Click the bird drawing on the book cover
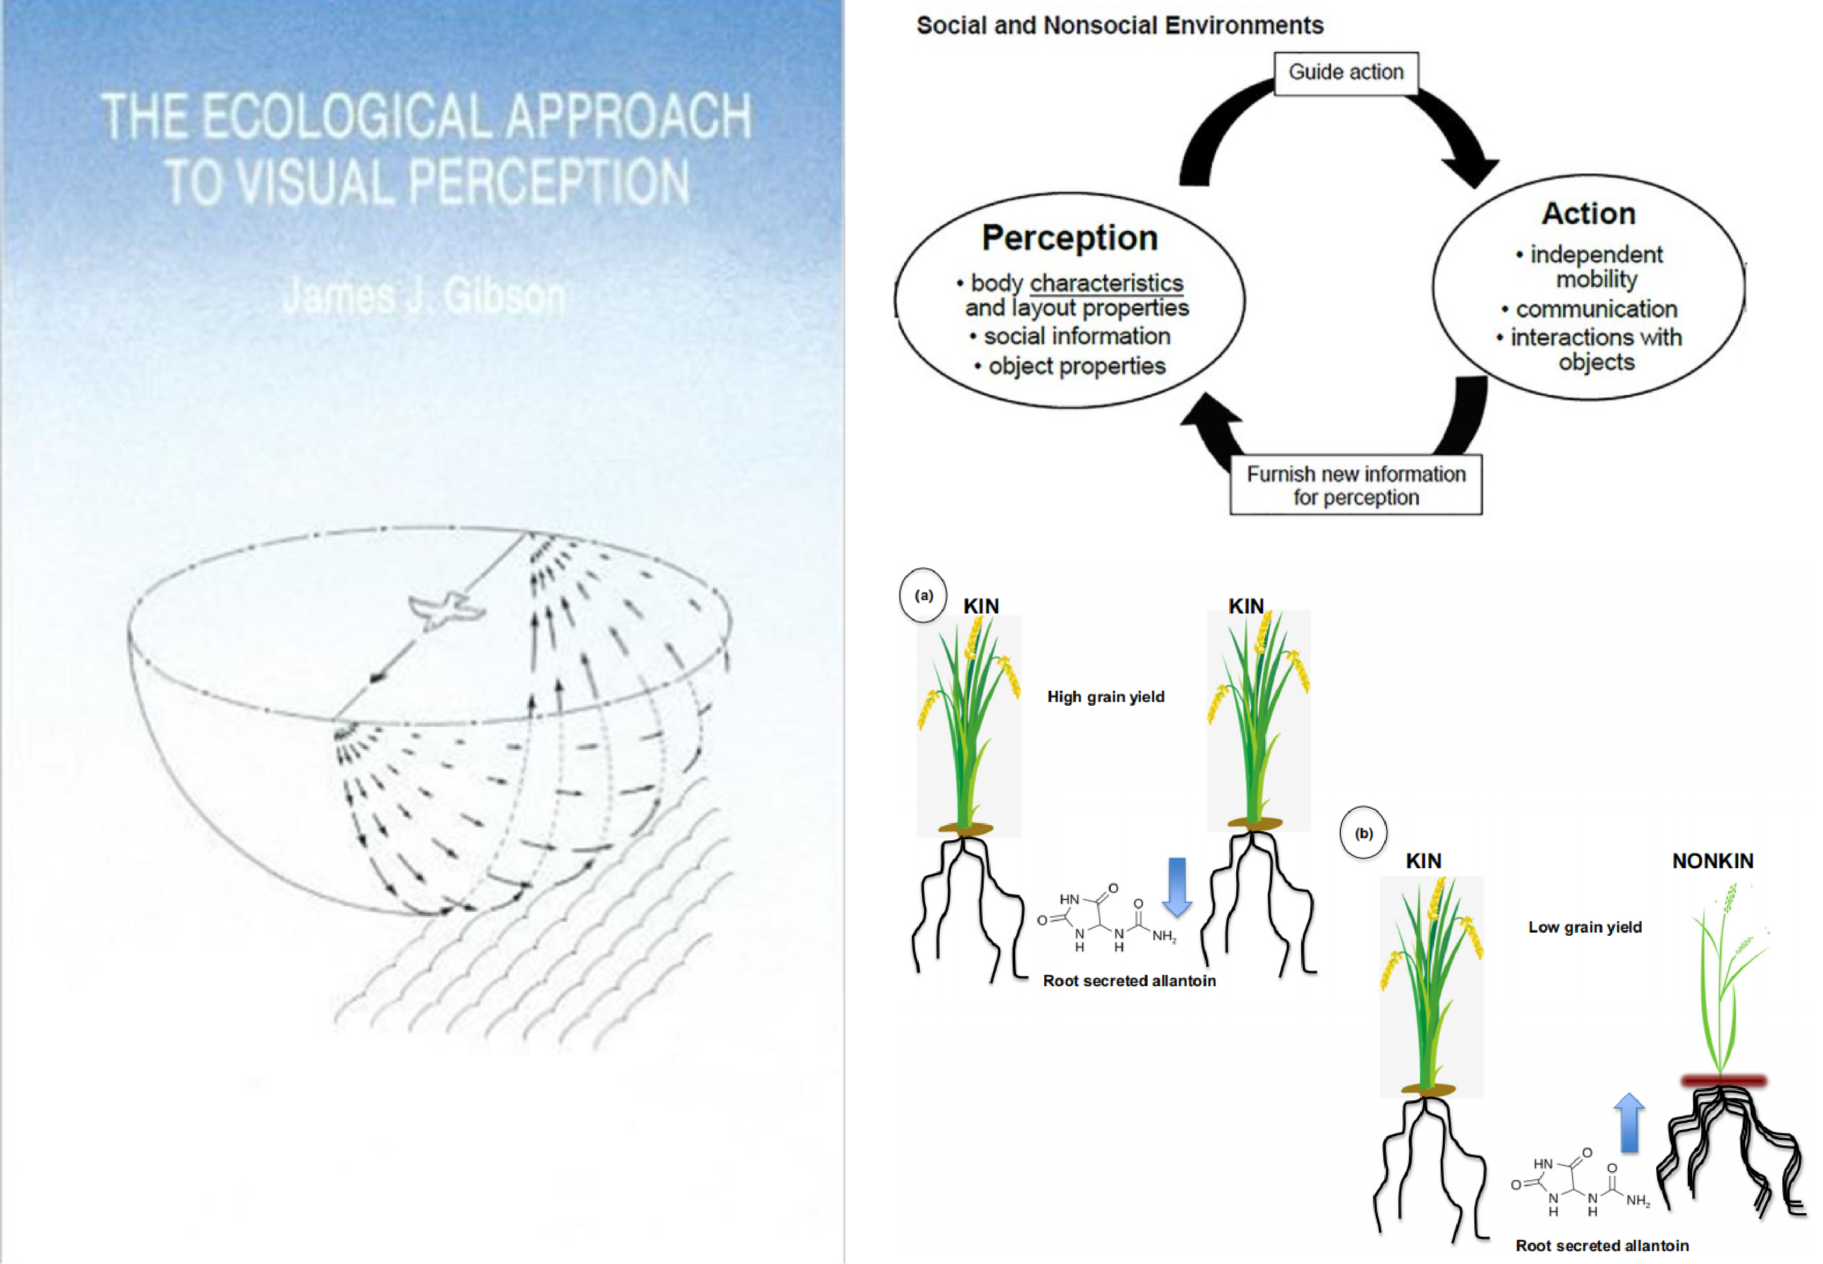[444, 610]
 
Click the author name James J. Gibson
[424, 297]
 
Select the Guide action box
[1346, 73]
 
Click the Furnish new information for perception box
[1356, 485]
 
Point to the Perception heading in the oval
[1070, 238]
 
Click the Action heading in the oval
[1589, 214]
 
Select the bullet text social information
[1076, 337]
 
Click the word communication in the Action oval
[1597, 309]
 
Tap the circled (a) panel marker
[924, 596]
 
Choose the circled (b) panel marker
[1363, 833]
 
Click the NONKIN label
[1712, 862]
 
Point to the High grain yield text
[1105, 697]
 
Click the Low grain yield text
[1585, 927]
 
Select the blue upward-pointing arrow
[1629, 1123]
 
